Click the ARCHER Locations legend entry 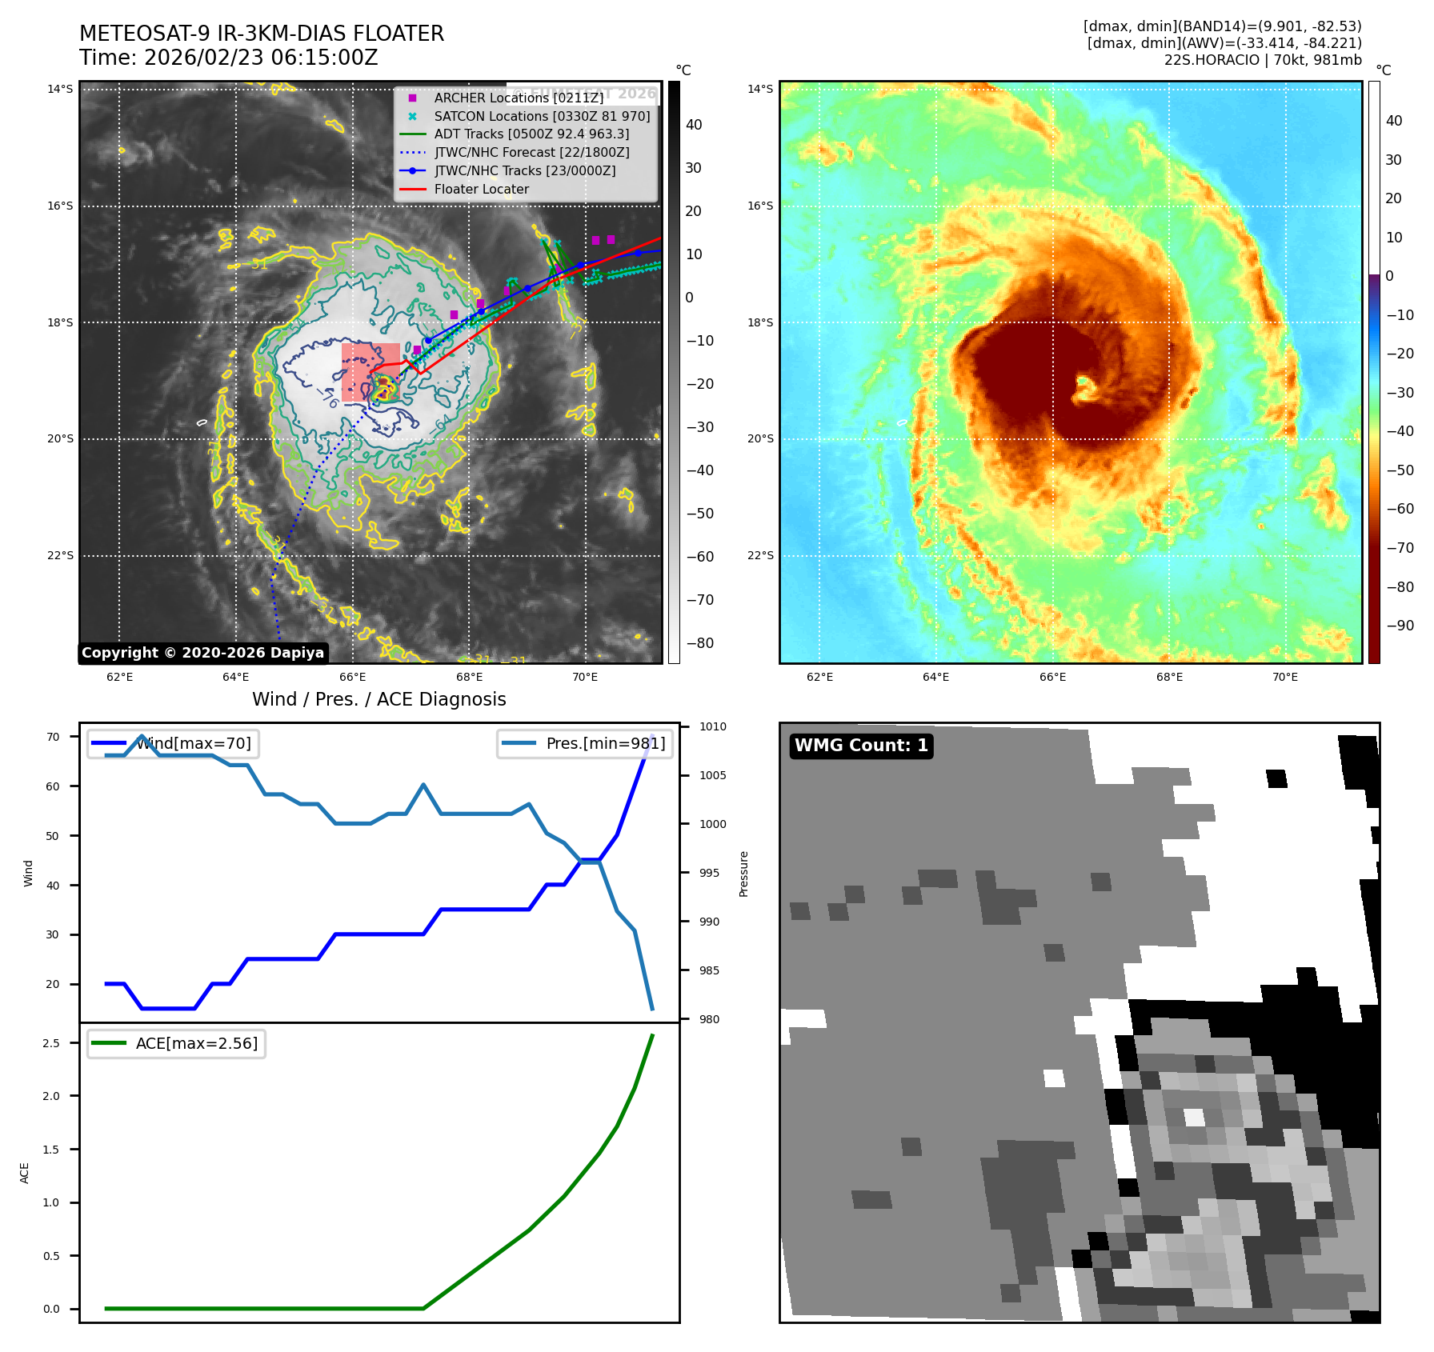519,98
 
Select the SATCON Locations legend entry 542,116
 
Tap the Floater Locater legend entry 481,189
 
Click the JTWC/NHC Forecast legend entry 531,152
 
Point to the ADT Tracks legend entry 531,134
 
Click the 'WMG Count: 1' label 861,746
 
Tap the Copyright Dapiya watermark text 202,653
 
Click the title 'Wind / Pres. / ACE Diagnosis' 379,699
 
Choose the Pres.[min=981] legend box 585,743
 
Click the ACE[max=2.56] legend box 177,1043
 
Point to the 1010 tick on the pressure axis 712,726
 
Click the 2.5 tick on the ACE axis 51,1043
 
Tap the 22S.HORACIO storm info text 1262,60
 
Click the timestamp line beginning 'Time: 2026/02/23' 229,58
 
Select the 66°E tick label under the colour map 1052,677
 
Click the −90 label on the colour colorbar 1400,626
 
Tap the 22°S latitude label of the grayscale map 60,555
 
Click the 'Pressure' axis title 744,874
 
